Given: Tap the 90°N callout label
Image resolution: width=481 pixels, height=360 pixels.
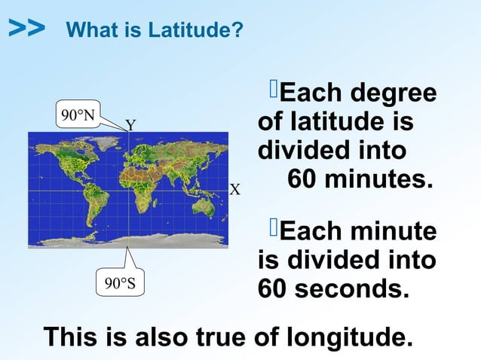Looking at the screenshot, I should point(78,115).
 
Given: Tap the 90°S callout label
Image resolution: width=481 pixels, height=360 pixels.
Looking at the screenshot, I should point(119,283).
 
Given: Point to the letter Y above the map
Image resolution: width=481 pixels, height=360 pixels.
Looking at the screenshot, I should point(130,125).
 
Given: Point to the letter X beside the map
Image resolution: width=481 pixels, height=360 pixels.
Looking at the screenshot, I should point(234,189).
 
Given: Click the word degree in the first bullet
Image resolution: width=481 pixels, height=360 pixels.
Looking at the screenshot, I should point(391,94).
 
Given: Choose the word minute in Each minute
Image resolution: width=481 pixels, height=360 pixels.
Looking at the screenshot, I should point(391,232).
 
